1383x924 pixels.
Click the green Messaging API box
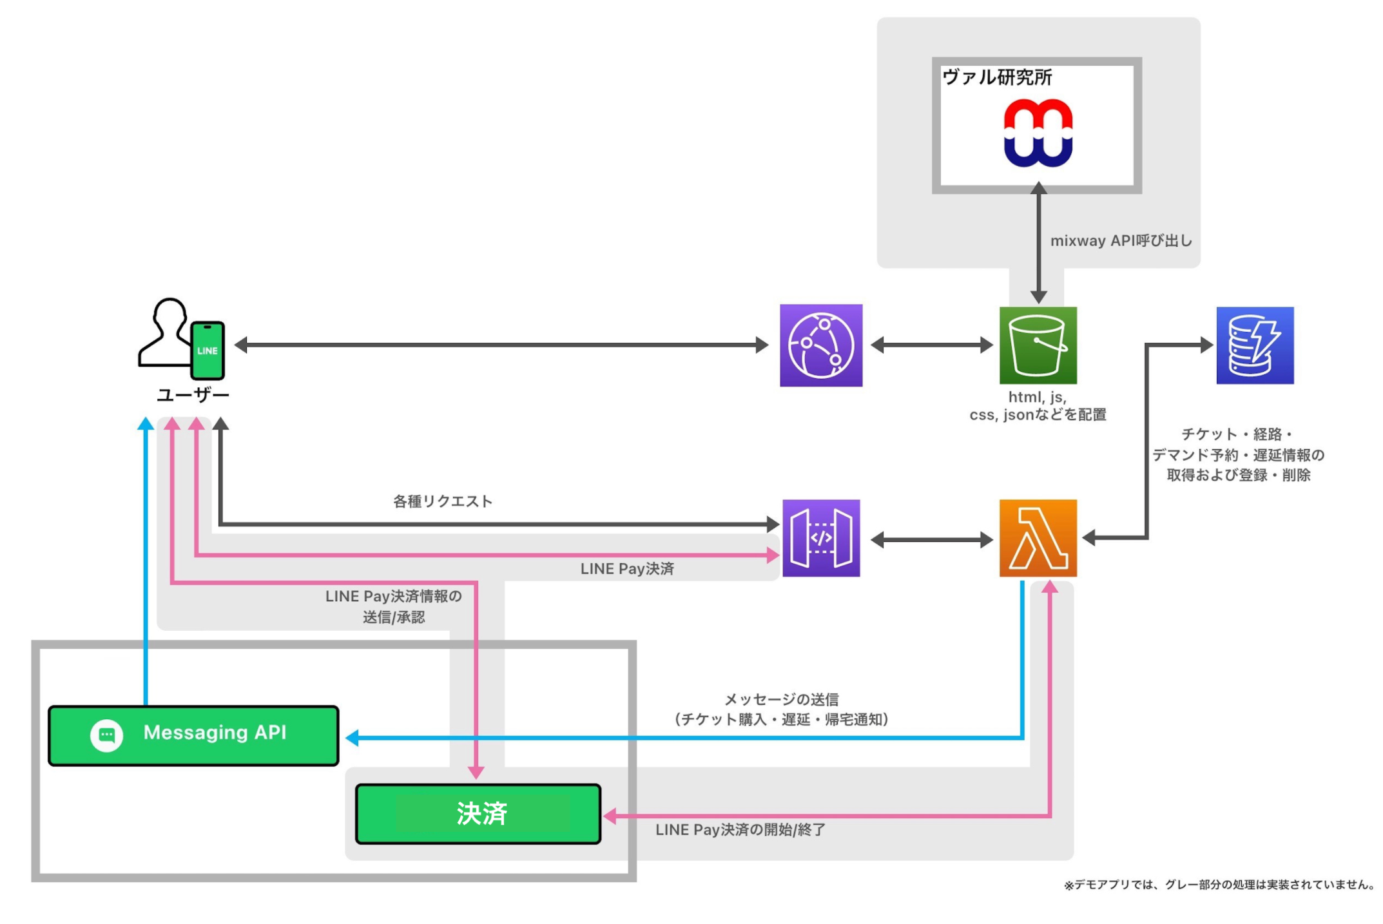tap(193, 735)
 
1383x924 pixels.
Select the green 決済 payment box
tap(478, 814)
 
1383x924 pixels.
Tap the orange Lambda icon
tap(1038, 538)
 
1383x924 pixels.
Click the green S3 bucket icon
tap(1038, 345)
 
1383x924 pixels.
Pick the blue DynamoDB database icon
tap(1255, 345)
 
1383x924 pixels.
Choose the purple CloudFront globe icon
tap(821, 345)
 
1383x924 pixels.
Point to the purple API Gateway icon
tap(821, 538)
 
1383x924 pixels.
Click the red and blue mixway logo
tap(1038, 133)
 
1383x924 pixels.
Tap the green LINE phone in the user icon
tap(208, 351)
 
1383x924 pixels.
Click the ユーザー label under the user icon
tap(193, 395)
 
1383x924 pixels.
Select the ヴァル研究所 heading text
tap(997, 77)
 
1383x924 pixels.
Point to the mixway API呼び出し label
tap(1121, 241)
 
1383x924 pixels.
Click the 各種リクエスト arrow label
tap(443, 501)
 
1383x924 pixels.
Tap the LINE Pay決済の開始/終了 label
tap(740, 830)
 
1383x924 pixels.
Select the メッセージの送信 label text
tap(782, 699)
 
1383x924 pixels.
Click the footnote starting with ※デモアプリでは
tap(1218, 885)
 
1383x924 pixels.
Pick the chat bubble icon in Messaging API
tap(107, 735)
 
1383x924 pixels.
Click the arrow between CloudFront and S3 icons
tap(931, 345)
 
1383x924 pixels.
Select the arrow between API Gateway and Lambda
tap(931, 540)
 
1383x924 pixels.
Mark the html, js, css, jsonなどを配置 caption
tap(1038, 406)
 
